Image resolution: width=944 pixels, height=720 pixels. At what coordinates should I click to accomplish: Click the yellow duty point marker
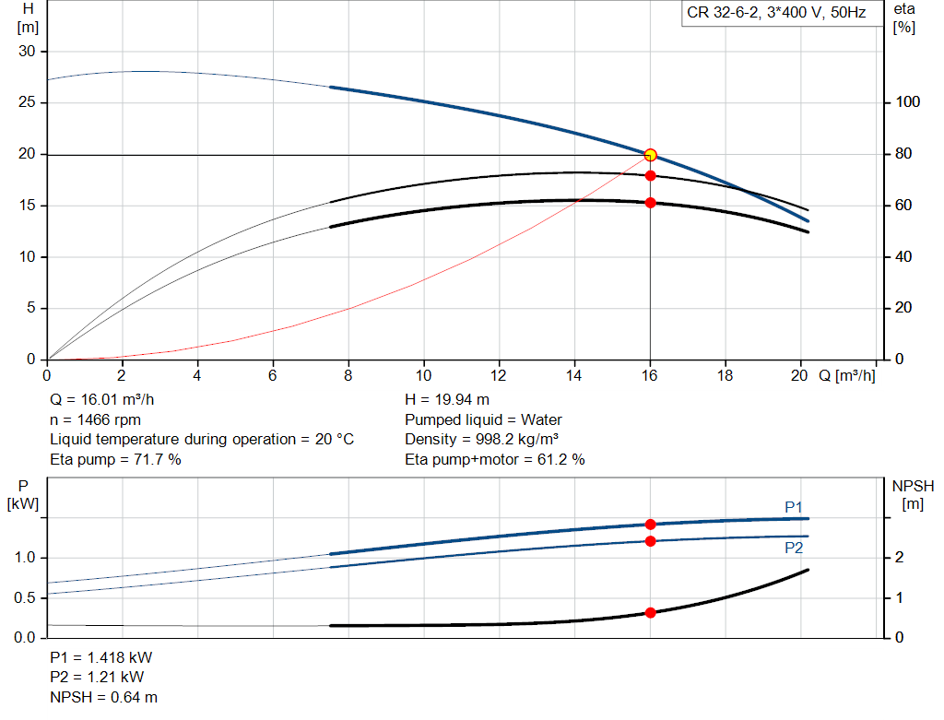650,155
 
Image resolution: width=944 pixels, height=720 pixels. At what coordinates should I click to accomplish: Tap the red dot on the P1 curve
650,525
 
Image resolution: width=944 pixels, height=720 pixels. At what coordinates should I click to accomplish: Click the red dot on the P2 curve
650,541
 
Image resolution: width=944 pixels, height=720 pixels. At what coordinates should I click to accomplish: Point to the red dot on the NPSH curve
650,613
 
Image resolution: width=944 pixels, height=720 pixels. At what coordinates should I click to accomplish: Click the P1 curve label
794,507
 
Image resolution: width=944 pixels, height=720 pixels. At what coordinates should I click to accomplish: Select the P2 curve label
794,548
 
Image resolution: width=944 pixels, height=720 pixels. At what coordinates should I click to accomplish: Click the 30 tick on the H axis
27,52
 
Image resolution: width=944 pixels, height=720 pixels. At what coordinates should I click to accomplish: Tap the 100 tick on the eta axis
907,102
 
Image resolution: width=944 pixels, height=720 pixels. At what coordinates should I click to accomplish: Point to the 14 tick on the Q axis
573,375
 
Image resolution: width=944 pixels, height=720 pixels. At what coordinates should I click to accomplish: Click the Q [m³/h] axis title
847,375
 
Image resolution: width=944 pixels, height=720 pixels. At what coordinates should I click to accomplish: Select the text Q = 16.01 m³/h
101,400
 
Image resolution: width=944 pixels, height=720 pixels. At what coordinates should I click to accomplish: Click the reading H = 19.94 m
447,400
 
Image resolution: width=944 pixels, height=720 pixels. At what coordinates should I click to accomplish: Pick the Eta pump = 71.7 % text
115,459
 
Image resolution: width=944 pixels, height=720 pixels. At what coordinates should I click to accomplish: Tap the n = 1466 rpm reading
95,419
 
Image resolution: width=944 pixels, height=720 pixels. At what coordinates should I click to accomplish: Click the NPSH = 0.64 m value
103,697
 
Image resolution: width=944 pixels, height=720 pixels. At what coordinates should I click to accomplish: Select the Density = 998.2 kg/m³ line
481,440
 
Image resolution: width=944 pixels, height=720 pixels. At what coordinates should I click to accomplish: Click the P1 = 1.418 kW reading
101,657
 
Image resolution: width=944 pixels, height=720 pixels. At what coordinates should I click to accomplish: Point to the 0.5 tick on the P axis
25,597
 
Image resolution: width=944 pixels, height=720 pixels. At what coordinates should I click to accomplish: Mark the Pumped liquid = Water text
483,419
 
